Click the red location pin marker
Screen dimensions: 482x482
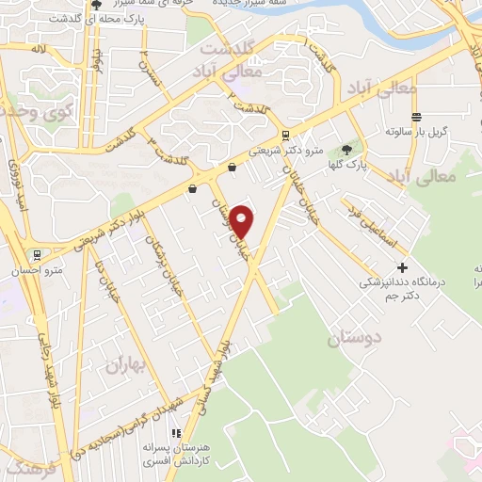click(x=243, y=221)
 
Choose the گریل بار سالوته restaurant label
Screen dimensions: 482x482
click(x=414, y=129)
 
